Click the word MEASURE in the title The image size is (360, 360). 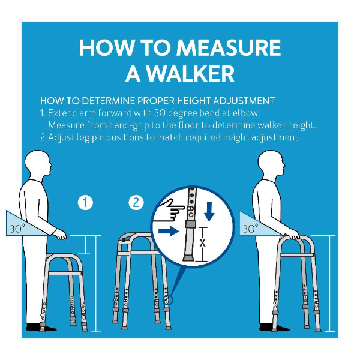[x=229, y=47]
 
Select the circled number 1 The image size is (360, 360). [x=85, y=203]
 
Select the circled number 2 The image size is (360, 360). [x=136, y=203]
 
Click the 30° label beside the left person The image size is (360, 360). [x=17, y=229]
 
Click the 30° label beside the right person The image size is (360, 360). [x=250, y=229]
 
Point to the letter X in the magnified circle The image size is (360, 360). [x=202, y=242]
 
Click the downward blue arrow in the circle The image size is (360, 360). [x=209, y=211]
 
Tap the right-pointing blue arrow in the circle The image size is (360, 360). [x=169, y=231]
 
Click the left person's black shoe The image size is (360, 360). [x=41, y=327]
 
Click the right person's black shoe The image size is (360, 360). [x=274, y=327]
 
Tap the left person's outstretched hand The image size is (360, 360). [x=59, y=235]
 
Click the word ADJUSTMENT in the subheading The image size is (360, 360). [x=244, y=101]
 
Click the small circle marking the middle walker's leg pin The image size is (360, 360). [x=167, y=300]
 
